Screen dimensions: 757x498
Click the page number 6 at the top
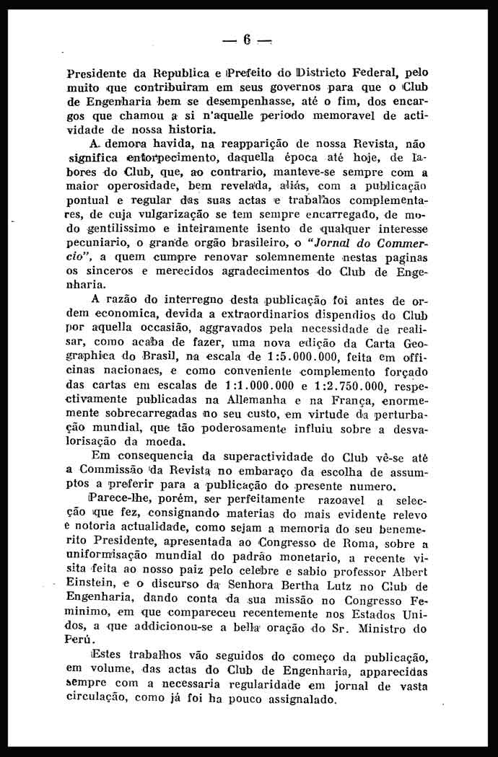[x=247, y=40]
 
